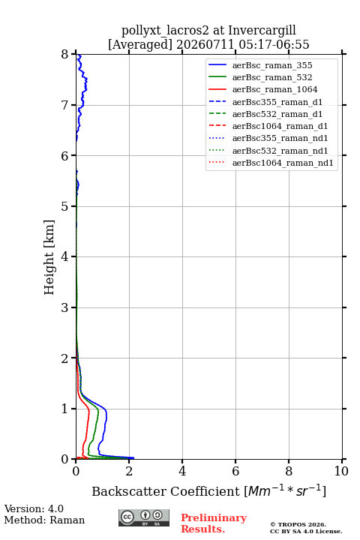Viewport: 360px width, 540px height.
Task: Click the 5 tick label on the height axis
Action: [65, 206]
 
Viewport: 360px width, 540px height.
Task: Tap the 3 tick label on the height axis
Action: [65, 307]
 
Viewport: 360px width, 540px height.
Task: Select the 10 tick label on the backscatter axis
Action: [341, 471]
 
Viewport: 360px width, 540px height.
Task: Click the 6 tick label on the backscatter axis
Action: [235, 471]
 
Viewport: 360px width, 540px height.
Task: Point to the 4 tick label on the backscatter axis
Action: [182, 471]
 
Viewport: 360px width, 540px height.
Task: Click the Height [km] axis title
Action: [49, 257]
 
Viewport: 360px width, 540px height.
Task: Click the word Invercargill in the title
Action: [262, 30]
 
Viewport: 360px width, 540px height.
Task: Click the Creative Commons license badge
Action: [144, 518]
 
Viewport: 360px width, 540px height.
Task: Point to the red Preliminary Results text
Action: [214, 523]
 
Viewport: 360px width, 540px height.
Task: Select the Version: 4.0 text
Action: [34, 509]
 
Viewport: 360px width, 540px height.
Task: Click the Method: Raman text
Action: [44, 520]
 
